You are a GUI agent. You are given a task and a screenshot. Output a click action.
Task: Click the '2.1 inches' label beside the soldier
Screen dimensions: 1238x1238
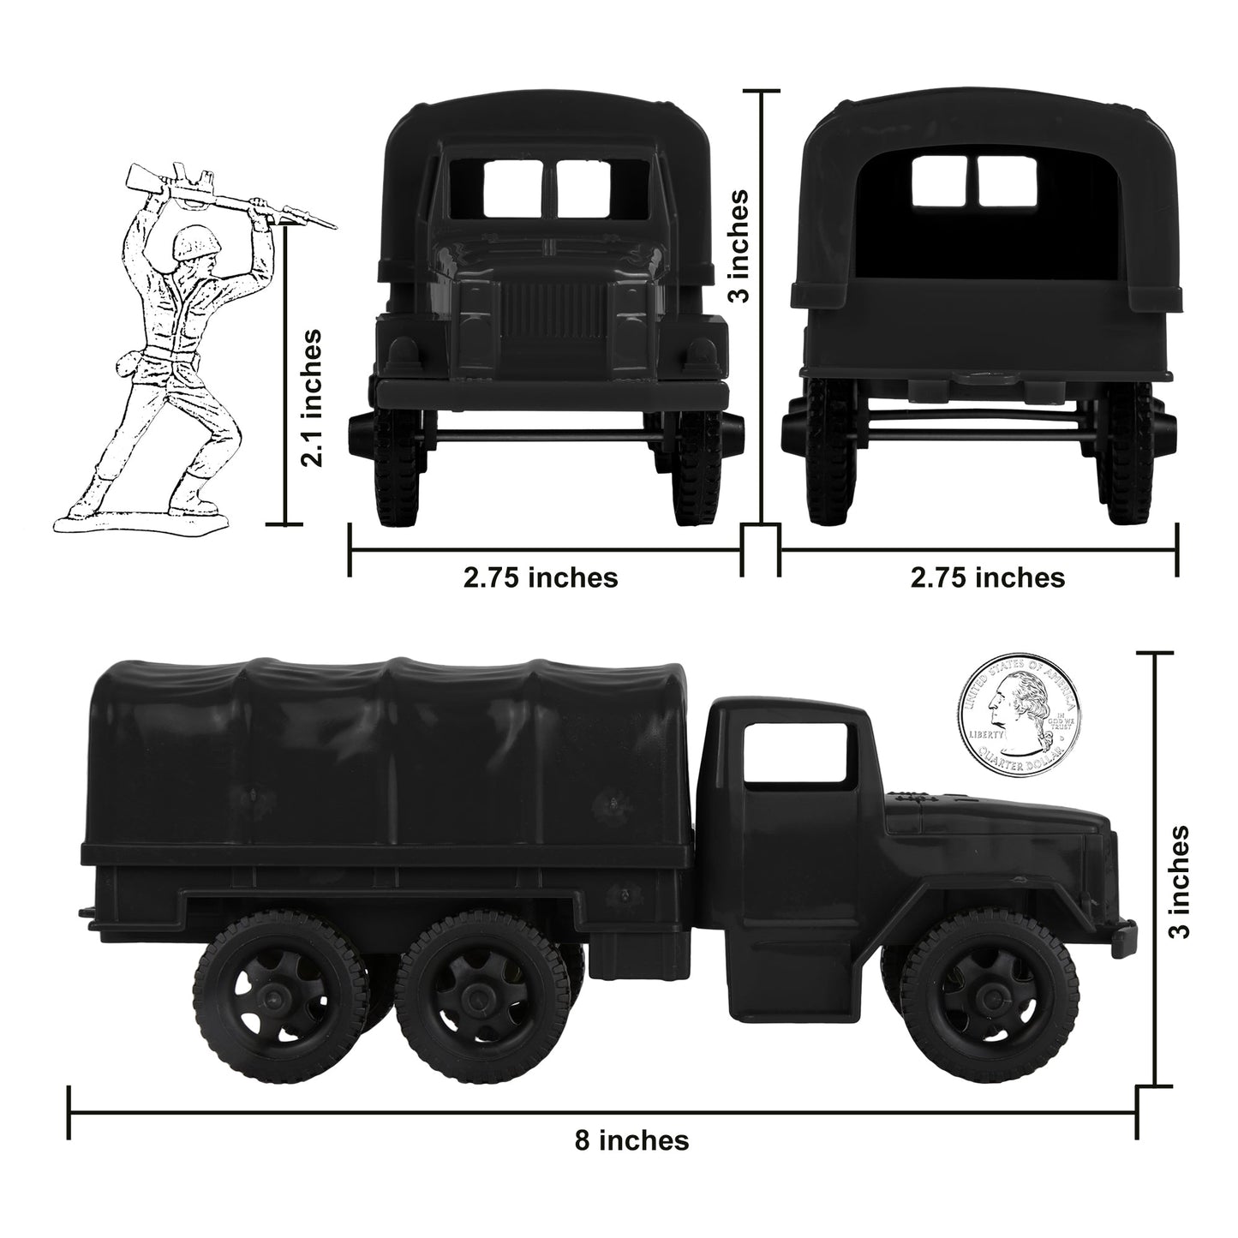(314, 398)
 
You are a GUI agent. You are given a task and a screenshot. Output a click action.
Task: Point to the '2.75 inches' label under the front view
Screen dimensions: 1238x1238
(541, 577)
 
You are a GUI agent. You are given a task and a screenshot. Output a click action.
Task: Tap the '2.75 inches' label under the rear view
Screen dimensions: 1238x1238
(988, 577)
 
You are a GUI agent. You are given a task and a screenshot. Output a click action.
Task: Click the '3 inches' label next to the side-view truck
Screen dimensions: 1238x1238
(1179, 882)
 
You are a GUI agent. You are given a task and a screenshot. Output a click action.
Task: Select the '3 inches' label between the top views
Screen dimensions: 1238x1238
(739, 245)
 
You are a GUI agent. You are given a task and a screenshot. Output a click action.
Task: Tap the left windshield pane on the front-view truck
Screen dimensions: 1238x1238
(512, 188)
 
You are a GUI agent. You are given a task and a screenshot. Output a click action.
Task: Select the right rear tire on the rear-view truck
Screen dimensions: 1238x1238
(1130, 454)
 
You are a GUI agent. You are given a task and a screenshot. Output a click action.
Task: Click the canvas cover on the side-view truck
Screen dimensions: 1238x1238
(394, 754)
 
